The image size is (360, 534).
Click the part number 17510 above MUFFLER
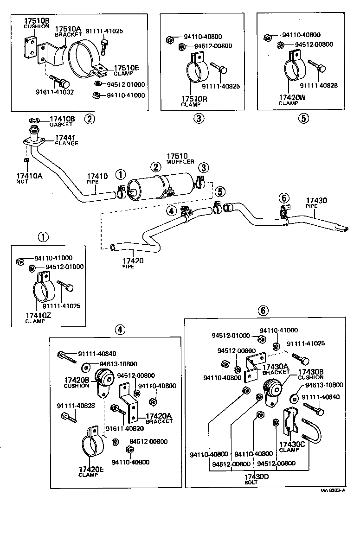click(x=176, y=156)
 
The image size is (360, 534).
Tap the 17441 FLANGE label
click(x=66, y=140)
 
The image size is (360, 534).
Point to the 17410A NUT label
click(x=29, y=178)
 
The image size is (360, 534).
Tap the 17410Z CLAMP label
click(x=39, y=318)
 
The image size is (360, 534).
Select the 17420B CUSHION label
click(x=77, y=382)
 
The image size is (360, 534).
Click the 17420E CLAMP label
click(x=91, y=471)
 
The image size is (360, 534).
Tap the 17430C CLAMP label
click(x=292, y=446)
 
